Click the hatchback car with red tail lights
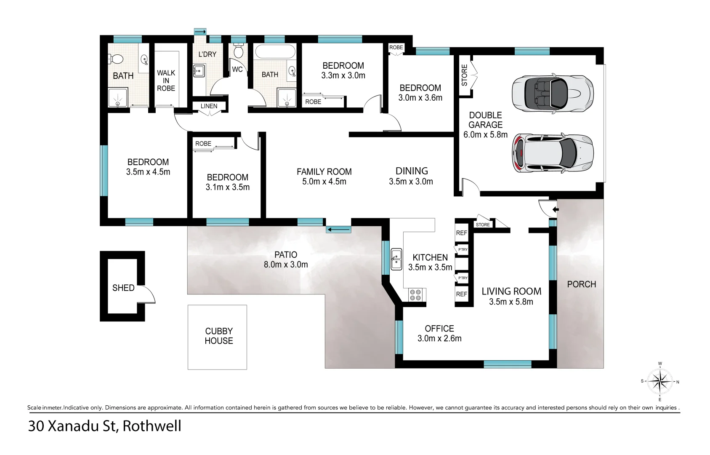552,153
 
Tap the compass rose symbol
660,381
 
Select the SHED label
123,288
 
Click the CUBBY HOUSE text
219,336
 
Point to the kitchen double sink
396,259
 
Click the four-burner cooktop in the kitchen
415,294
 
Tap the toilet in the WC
239,51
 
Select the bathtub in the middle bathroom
275,52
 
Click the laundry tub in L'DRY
199,70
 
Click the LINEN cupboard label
209,106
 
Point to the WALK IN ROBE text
166,80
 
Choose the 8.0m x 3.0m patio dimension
286,265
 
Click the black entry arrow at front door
555,209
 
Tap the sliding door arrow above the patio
339,230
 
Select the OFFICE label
439,329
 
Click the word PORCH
581,284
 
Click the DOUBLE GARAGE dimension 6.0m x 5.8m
485,135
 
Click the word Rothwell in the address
152,426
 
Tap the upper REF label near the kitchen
461,233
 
